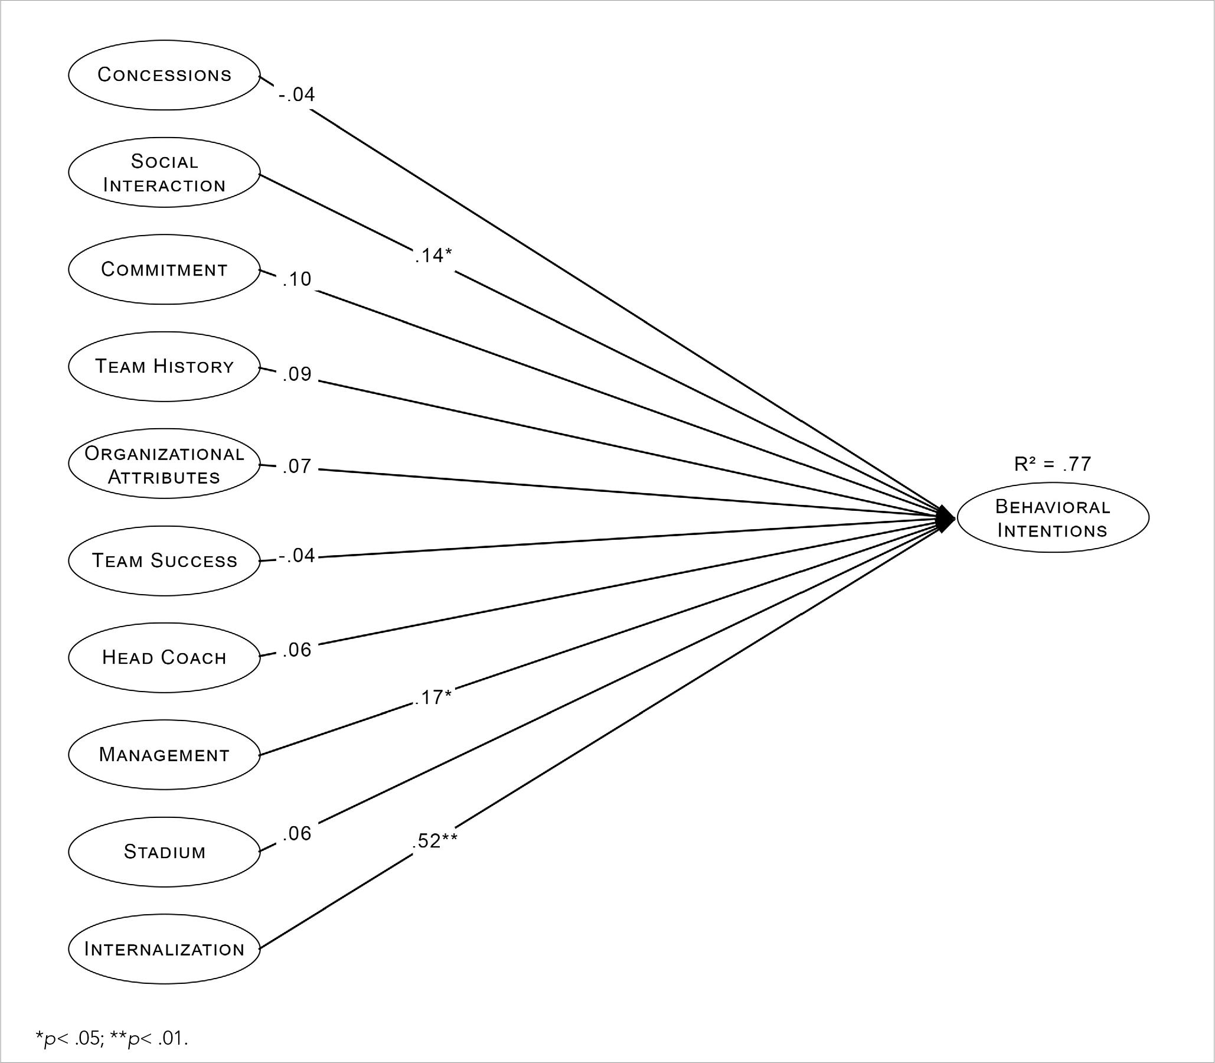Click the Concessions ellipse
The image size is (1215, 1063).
click(x=164, y=75)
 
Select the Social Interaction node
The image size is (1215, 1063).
click(x=164, y=172)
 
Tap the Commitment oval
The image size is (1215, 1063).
click(x=164, y=269)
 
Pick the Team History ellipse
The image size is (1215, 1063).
click(x=164, y=366)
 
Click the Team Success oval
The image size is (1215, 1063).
click(x=164, y=560)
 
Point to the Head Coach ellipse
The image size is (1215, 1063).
click(x=164, y=657)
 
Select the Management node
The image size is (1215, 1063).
click(x=164, y=755)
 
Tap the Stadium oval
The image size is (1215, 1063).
click(x=164, y=852)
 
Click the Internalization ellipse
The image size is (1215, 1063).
click(x=164, y=949)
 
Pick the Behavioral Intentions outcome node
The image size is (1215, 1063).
click(x=1053, y=518)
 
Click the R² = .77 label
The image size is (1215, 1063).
click(x=1052, y=464)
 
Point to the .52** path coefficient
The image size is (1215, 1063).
click(x=434, y=840)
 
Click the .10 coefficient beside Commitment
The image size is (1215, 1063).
click(x=296, y=279)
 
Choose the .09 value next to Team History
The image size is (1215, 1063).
click(x=297, y=374)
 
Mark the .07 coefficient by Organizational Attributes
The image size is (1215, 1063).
click(x=297, y=467)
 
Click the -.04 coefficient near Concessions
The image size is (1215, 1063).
click(x=296, y=94)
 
